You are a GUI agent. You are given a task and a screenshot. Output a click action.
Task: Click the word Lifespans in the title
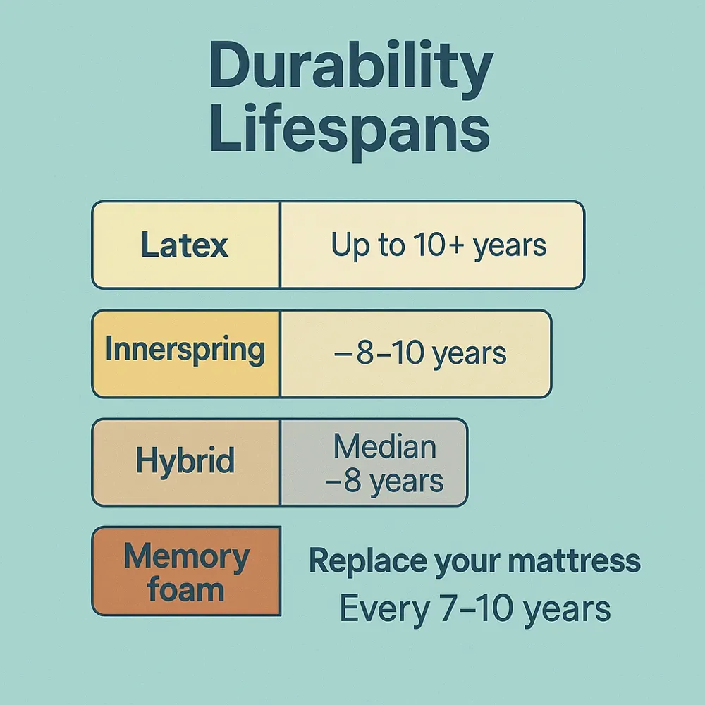tap(350, 134)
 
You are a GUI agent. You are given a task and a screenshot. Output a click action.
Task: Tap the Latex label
tap(185, 245)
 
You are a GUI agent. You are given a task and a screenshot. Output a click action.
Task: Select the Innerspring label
tap(185, 350)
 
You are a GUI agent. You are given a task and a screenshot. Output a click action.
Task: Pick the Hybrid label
tap(185, 462)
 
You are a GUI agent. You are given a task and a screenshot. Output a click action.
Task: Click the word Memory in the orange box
tap(186, 557)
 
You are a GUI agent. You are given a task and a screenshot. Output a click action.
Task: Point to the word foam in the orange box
tap(186, 589)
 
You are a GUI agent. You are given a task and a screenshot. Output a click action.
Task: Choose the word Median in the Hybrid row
tap(385, 447)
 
